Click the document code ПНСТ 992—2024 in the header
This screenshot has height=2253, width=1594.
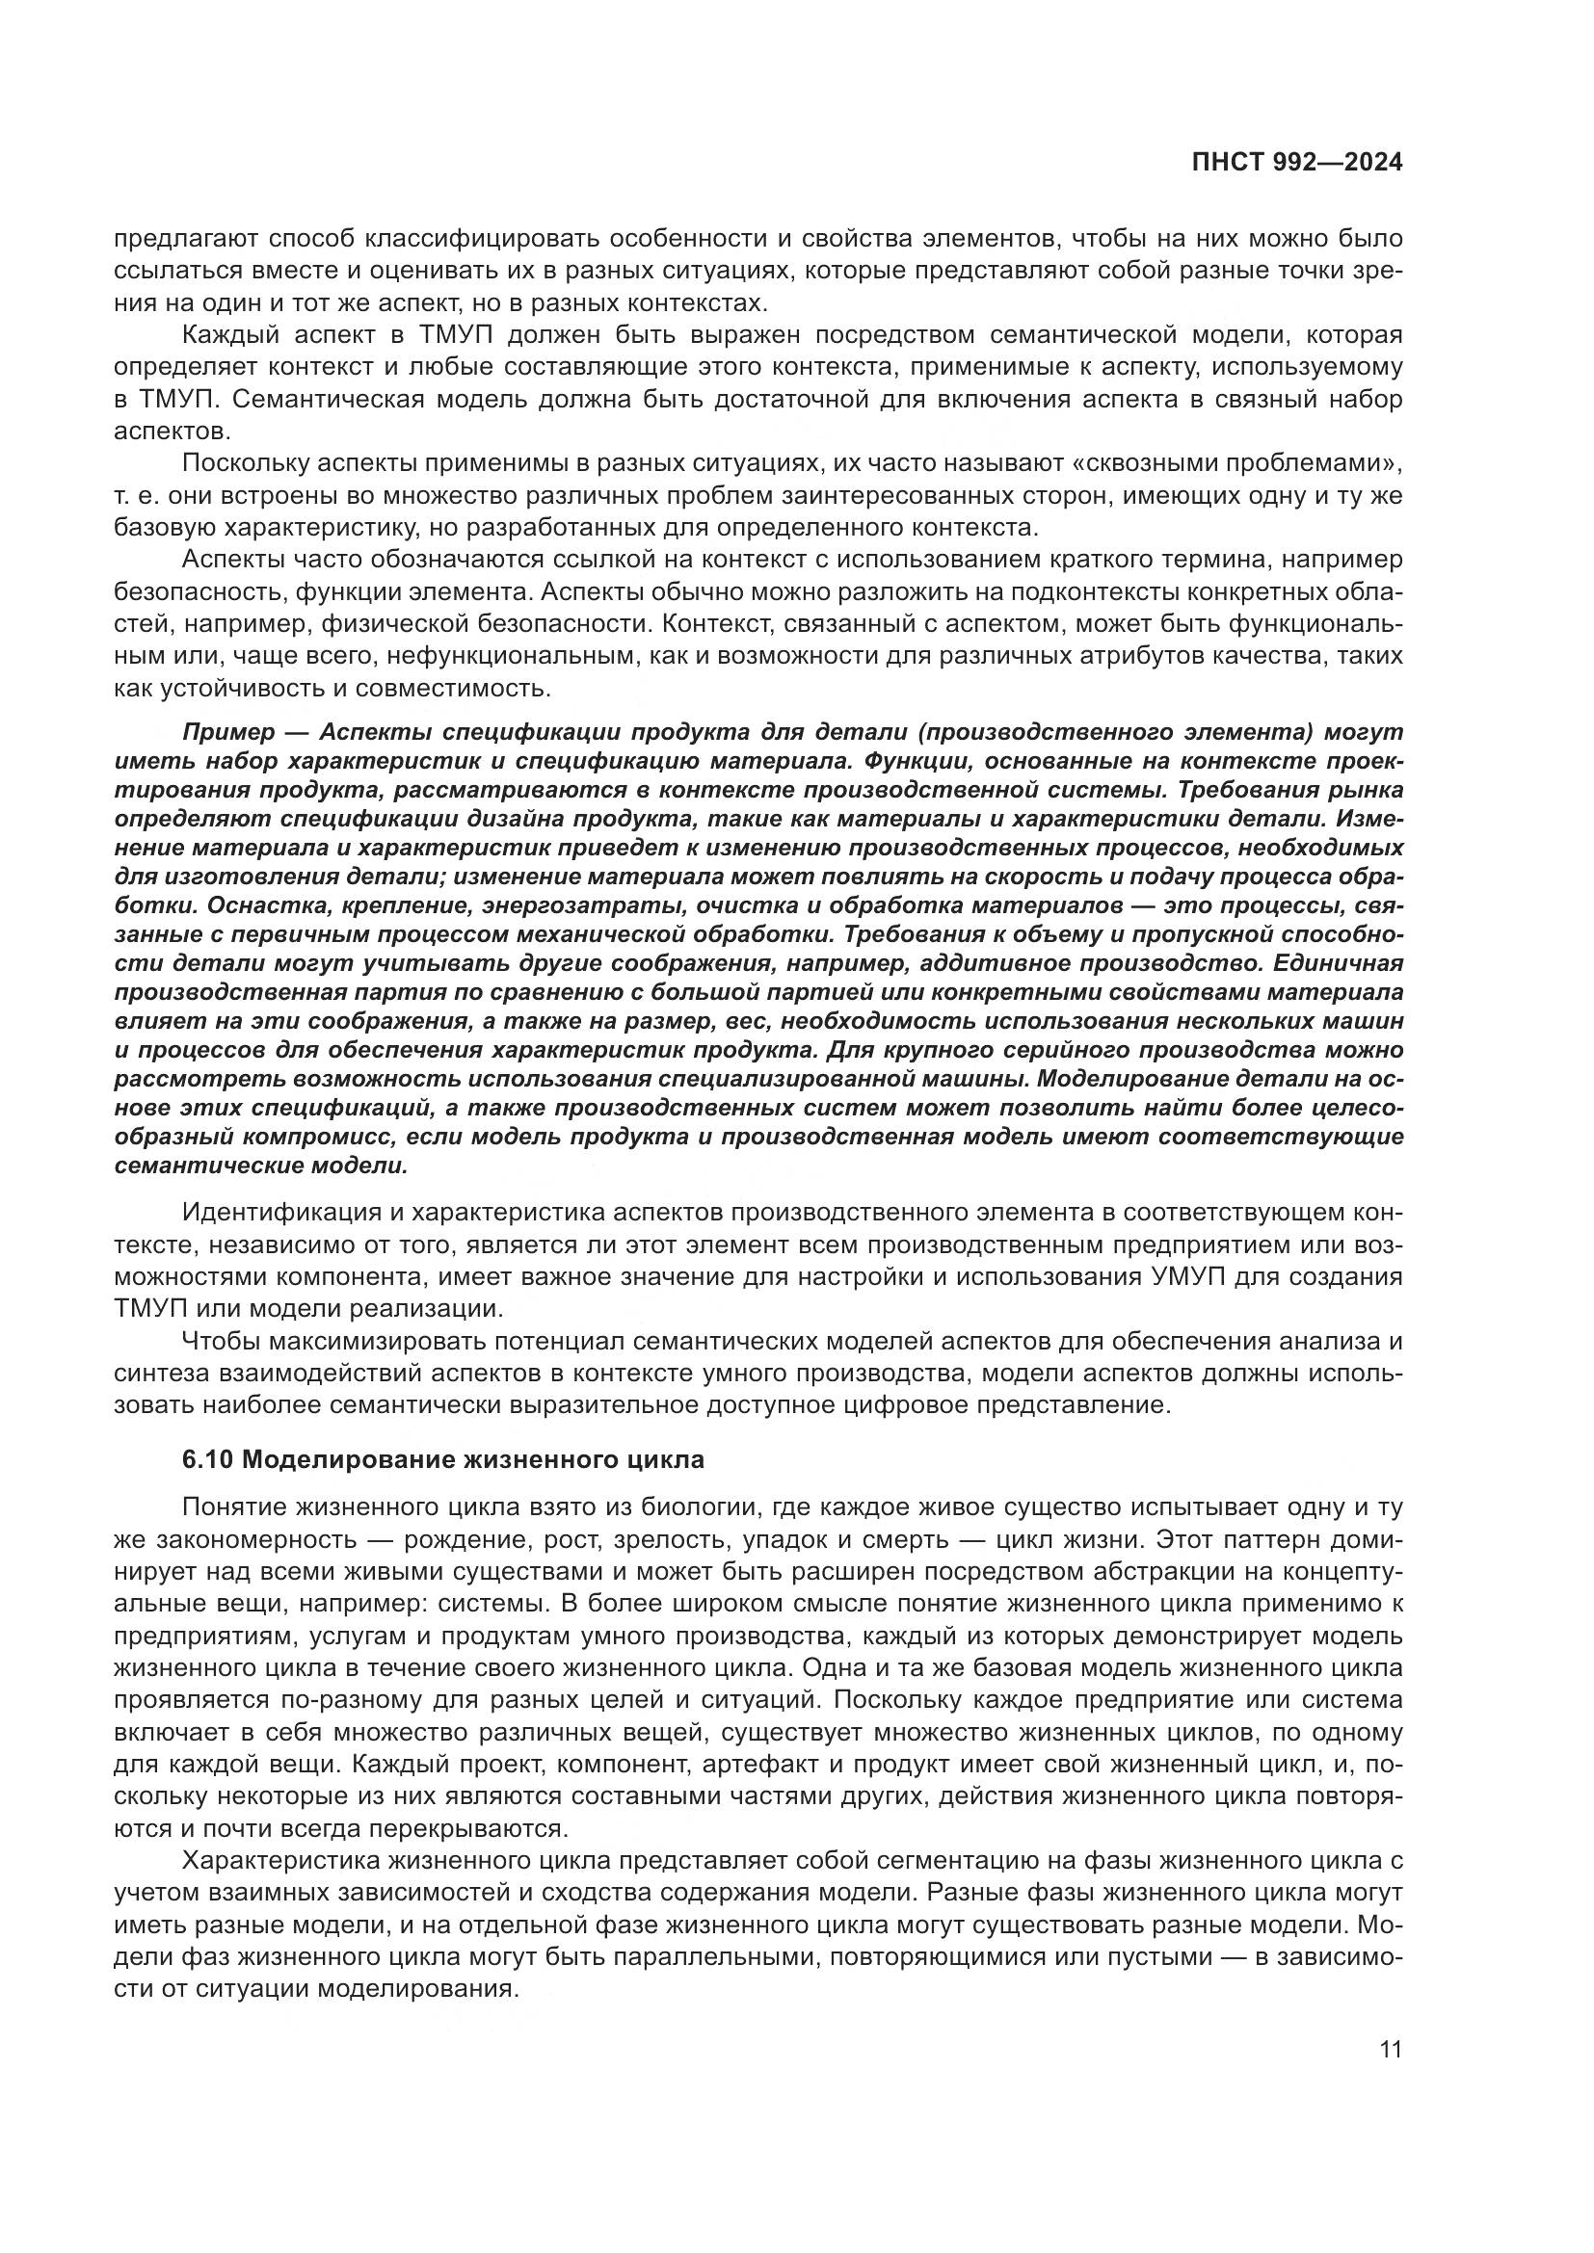[x=1296, y=163]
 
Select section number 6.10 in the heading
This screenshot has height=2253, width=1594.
[x=207, y=1459]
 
